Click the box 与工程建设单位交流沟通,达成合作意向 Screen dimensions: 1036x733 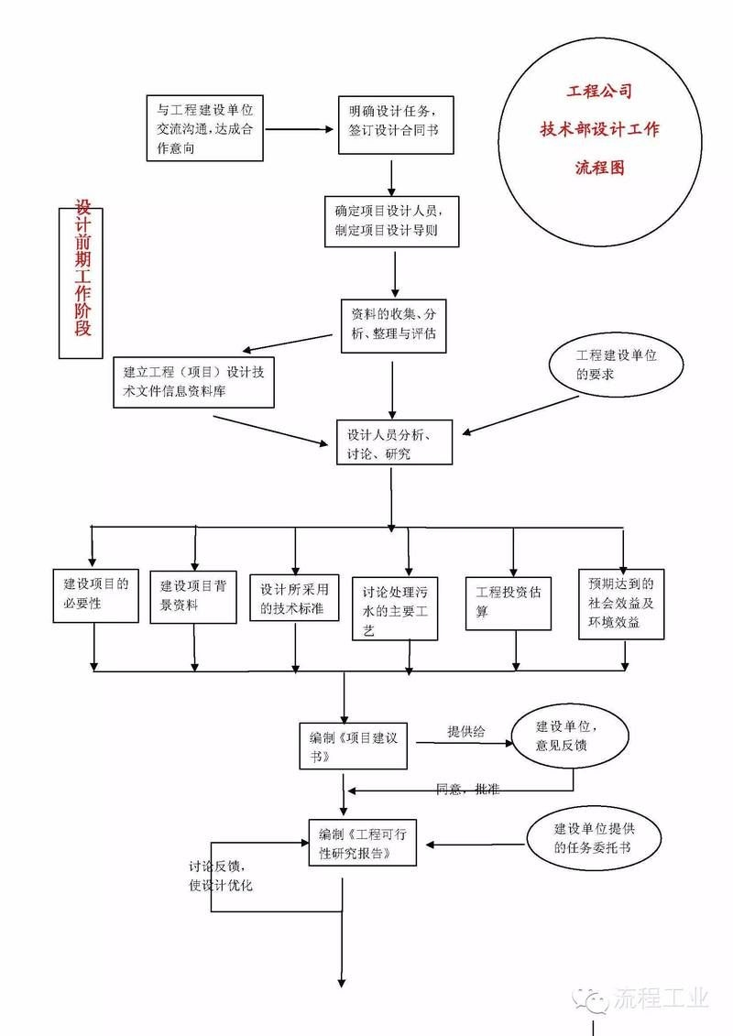204,128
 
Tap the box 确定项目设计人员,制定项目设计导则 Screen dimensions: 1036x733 391,221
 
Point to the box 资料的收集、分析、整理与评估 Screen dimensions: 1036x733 393,324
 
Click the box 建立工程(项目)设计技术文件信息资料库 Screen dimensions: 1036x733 194,382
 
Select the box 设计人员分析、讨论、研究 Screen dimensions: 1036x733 394,442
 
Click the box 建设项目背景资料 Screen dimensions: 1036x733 193,596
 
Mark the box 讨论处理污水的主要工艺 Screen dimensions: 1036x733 395,607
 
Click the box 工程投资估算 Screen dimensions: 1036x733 509,602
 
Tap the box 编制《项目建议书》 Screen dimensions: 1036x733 354,746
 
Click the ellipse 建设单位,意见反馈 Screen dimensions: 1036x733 570,735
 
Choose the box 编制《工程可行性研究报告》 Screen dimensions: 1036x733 362,842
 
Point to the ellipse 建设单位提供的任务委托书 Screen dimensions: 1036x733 596,838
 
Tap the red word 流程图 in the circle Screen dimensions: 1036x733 600,169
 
